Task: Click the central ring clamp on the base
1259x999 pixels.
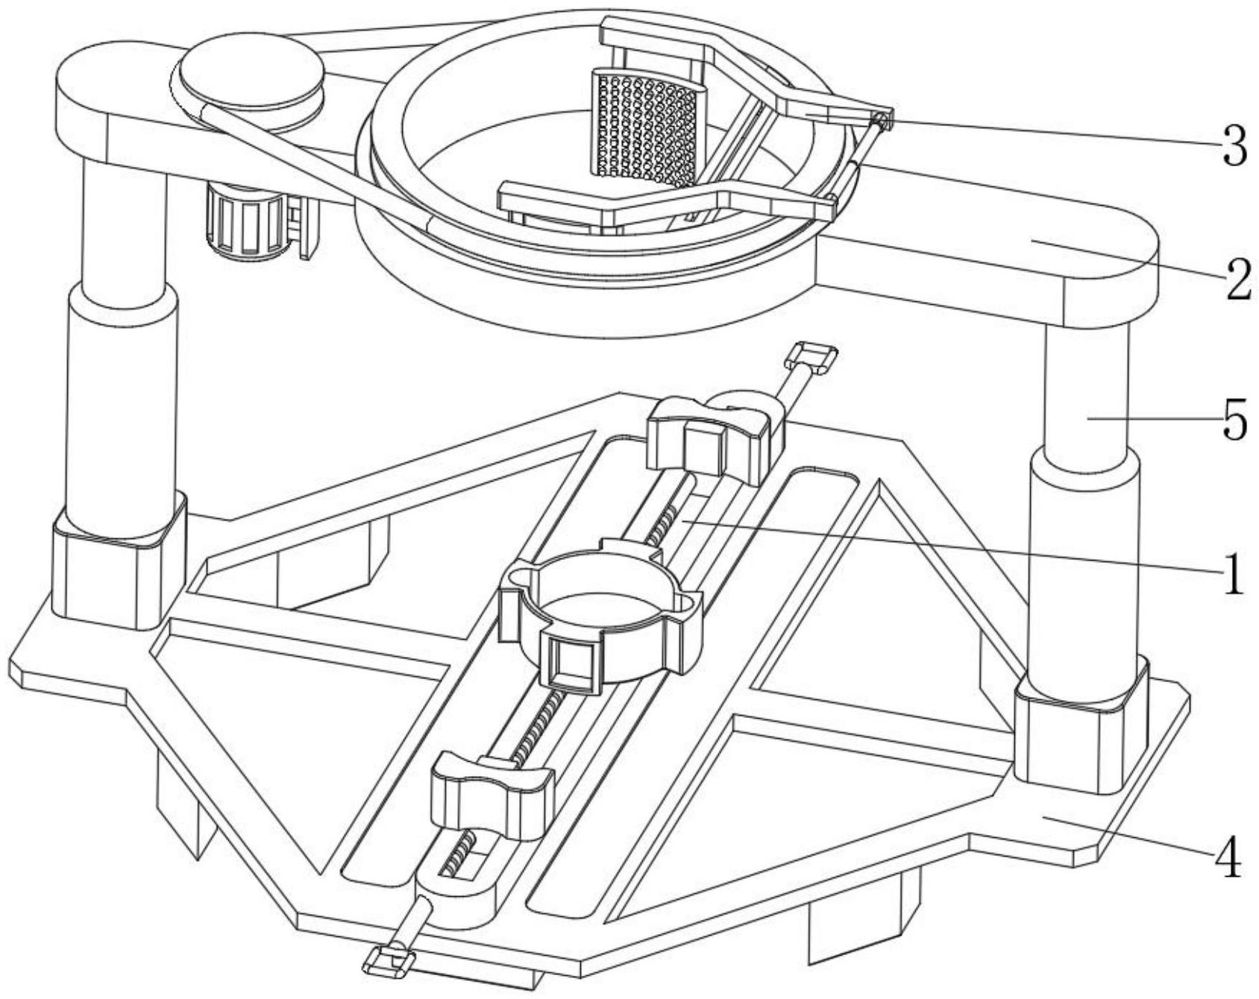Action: coord(601,619)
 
